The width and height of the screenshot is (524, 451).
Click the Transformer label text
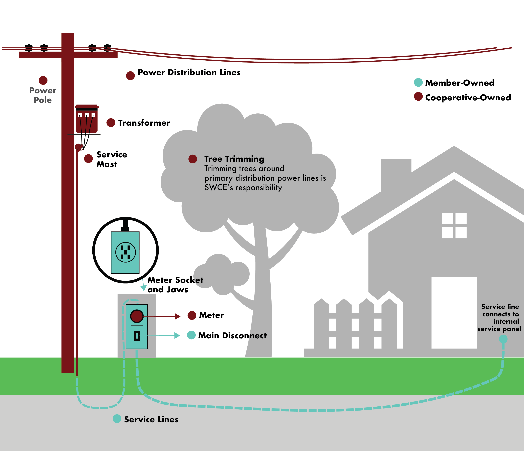[144, 123]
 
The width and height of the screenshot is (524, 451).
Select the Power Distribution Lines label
[189, 72]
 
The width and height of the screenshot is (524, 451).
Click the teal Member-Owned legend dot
[418, 82]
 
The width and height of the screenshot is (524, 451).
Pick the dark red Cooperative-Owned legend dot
[418, 96]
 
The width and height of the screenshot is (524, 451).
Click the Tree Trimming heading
[234, 159]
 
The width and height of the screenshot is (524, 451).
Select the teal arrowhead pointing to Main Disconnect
[177, 336]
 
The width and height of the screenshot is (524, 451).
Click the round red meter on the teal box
[137, 316]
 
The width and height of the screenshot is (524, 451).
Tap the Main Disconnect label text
[232, 336]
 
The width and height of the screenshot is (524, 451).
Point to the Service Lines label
[151, 419]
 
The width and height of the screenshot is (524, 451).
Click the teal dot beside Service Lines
[117, 419]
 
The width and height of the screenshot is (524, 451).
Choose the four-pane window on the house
[454, 226]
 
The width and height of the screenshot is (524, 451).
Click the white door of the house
[454, 313]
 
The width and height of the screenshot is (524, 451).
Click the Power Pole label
[43, 95]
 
